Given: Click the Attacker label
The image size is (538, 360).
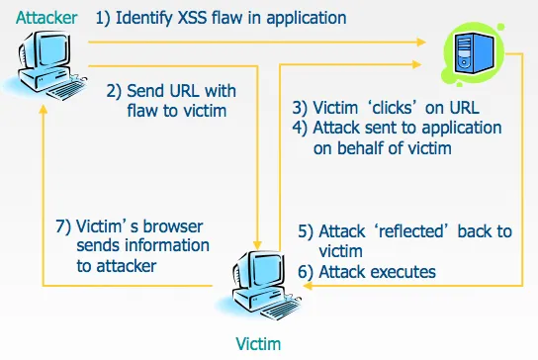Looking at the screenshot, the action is (x=46, y=18).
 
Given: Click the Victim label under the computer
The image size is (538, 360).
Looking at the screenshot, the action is (x=258, y=343).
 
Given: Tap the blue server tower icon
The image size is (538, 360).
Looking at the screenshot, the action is (x=474, y=53).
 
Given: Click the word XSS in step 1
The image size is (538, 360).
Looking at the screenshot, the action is (x=193, y=18).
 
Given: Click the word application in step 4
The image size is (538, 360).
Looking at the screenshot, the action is (x=462, y=129).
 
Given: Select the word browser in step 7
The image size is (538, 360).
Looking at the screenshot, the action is (x=173, y=226).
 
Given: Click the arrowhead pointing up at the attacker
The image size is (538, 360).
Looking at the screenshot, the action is (x=44, y=109).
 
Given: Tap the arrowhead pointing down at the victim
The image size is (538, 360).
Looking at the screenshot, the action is (x=257, y=244).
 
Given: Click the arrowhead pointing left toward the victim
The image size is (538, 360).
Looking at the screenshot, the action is (x=308, y=286).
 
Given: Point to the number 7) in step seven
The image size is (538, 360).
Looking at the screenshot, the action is (x=63, y=226).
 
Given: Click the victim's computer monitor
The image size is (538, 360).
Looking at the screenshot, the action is (x=261, y=270).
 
